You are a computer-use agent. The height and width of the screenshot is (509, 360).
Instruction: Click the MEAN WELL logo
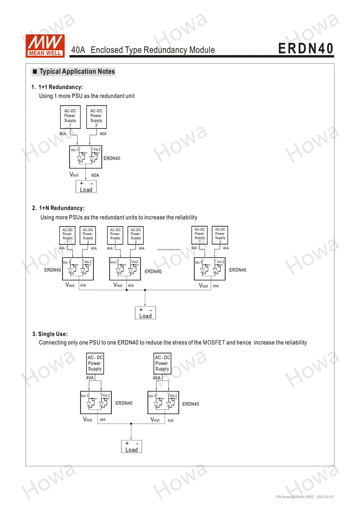45,46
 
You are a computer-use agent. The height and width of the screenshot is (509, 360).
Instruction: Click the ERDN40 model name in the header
306,48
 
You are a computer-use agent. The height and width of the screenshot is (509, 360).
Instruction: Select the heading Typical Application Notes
77,72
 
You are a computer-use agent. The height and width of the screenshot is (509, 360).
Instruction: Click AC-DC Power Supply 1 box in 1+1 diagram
70,117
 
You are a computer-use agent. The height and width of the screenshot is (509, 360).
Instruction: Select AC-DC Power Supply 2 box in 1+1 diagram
96,117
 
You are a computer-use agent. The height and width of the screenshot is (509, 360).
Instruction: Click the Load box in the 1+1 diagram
86,186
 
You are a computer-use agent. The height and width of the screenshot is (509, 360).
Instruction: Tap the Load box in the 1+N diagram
145,313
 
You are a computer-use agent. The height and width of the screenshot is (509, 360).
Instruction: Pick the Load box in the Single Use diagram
131,447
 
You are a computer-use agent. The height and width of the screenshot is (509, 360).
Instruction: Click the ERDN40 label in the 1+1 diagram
112,158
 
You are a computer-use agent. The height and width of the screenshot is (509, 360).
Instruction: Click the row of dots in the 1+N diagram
169,249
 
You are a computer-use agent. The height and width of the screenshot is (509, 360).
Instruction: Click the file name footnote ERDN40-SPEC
295,497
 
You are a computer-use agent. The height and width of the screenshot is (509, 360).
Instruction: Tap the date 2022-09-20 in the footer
325,497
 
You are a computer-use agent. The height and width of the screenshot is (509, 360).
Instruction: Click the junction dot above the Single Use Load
131,424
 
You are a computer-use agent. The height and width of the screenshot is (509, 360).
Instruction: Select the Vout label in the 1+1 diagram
74,175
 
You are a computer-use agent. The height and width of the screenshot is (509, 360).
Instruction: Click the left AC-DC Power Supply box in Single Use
95,364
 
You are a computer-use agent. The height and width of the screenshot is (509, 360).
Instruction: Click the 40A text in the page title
78,50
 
